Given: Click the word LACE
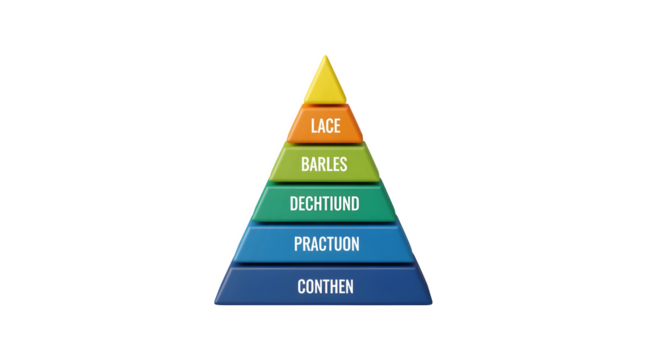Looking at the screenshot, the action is pyautogui.click(x=324, y=126).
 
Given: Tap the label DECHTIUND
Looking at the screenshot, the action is pyautogui.click(x=324, y=205).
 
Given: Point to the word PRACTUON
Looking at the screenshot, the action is pyautogui.click(x=326, y=244).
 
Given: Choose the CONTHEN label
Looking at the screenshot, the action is pyautogui.click(x=325, y=287).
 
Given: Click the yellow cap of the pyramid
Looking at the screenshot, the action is pyautogui.click(x=324, y=82).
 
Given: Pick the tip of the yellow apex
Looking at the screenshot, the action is pyautogui.click(x=323, y=55).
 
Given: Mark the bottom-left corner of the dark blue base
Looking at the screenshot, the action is pyautogui.click(x=214, y=303).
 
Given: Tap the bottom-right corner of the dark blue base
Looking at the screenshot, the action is pyautogui.click(x=432, y=303).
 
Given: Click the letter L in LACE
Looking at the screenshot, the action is pyautogui.click(x=313, y=126).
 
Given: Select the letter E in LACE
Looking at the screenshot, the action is pyautogui.click(x=336, y=126).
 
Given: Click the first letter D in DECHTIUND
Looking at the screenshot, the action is pyautogui.click(x=293, y=205).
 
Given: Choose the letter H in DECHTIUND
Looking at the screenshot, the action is pyautogui.click(x=319, y=205).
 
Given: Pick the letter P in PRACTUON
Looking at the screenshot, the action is pyautogui.click(x=297, y=244).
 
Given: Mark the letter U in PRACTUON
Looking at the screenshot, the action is pyautogui.click(x=336, y=244).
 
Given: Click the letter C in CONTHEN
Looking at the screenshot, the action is pyautogui.click(x=301, y=287).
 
